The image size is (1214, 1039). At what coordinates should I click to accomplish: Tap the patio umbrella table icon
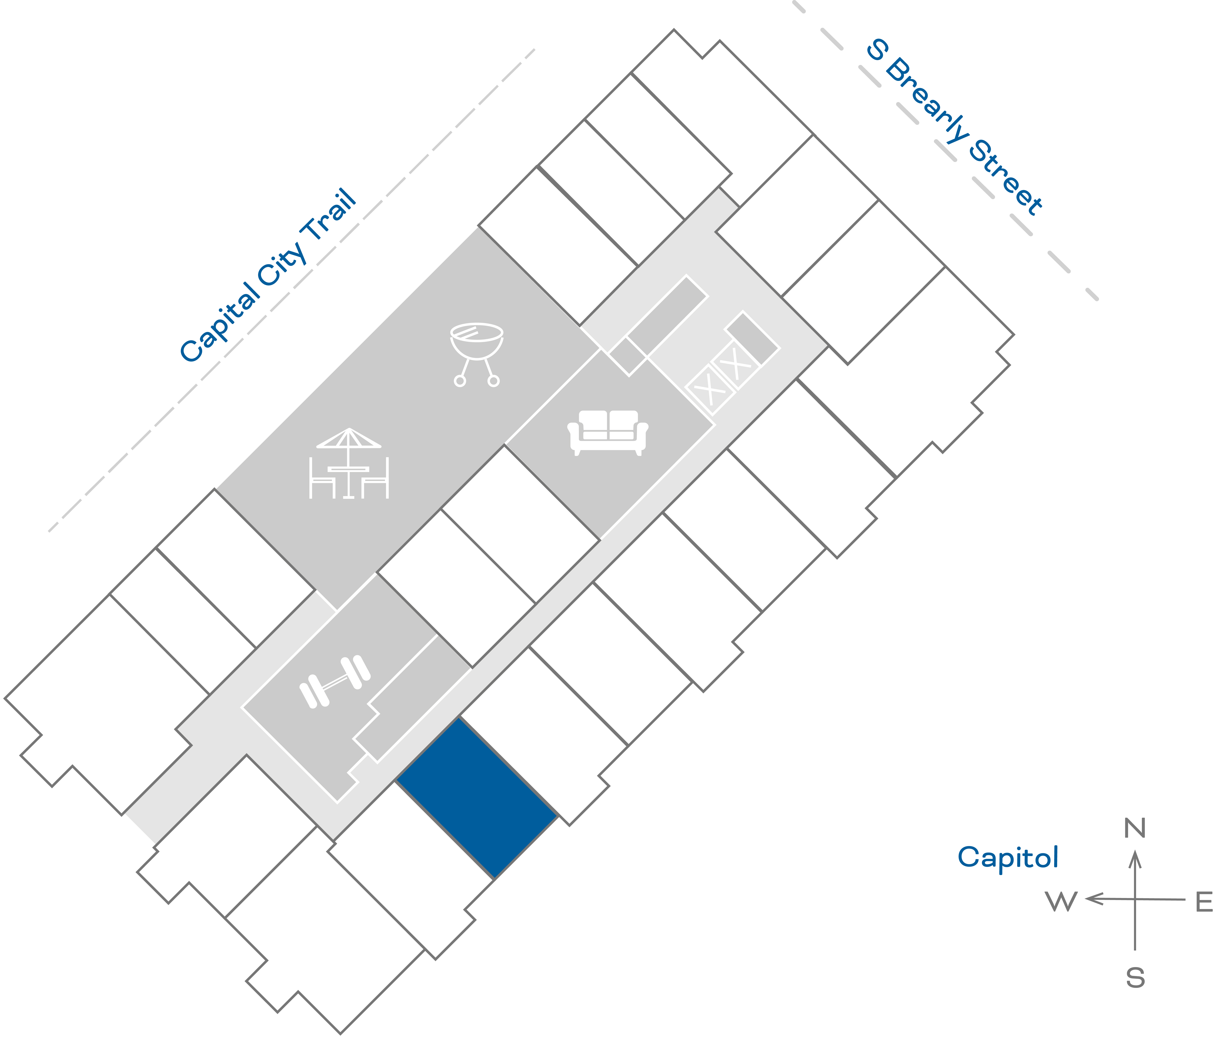(349, 464)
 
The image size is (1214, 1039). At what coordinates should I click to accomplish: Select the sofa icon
(608, 432)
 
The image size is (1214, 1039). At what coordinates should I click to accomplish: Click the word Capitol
(1008, 857)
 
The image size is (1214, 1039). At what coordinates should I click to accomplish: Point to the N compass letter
(1135, 829)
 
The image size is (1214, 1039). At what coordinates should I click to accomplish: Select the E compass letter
(1203, 902)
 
